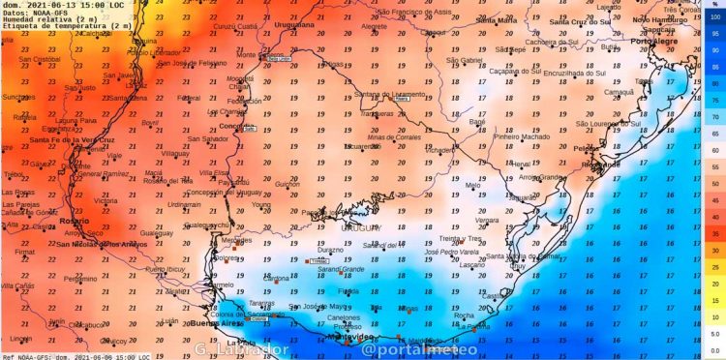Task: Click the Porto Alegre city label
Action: click(x=652, y=42)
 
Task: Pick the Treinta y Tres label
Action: click(x=461, y=238)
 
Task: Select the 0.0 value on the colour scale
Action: click(x=715, y=349)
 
